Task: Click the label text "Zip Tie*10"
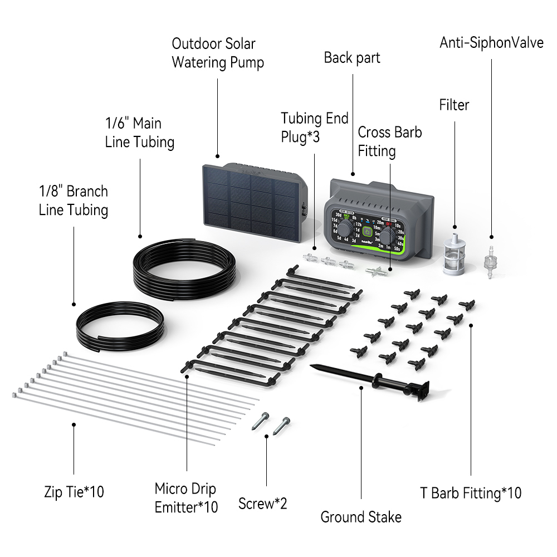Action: click(x=74, y=492)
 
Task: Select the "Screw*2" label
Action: click(x=263, y=504)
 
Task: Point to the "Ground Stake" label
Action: click(x=361, y=517)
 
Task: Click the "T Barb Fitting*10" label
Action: click(x=471, y=493)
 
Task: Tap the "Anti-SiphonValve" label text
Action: click(x=491, y=43)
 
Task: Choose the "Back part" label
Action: click(x=352, y=57)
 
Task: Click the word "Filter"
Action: click(x=454, y=105)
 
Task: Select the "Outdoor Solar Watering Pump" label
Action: click(x=217, y=53)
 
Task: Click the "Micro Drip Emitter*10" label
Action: click(x=186, y=498)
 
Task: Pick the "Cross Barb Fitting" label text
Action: click(x=389, y=141)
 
